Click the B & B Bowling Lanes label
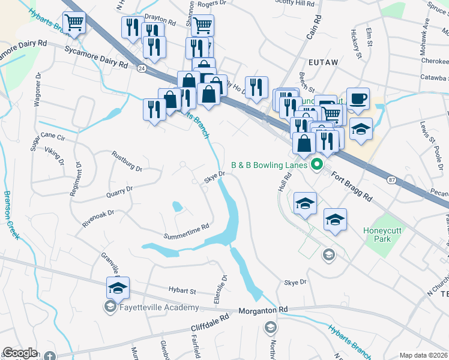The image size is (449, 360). [x=270, y=165]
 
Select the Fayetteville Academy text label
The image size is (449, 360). [x=158, y=308]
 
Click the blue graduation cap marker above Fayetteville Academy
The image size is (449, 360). [x=118, y=289]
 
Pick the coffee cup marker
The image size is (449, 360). [x=358, y=99]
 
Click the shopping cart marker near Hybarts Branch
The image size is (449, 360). [x=74, y=23]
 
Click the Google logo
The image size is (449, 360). [x=20, y=353]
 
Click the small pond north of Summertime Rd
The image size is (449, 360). [x=177, y=207]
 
